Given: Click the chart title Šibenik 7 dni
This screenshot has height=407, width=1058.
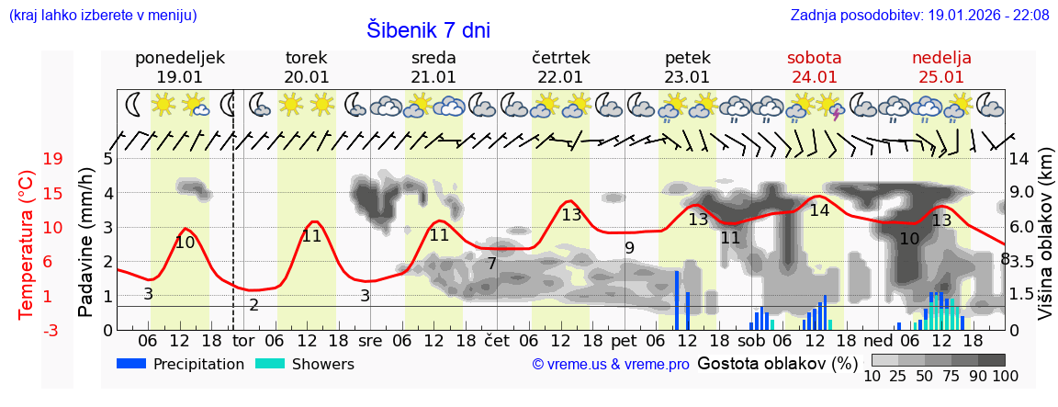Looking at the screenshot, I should (429, 29).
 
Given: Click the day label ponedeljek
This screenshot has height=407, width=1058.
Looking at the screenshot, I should (180, 58).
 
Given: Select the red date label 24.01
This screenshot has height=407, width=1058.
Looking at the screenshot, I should (815, 77).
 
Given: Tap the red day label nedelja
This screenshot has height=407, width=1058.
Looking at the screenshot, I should (941, 58).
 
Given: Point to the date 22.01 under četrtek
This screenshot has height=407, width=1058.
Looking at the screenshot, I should (560, 77).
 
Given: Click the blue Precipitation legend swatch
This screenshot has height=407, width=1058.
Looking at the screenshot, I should (131, 364).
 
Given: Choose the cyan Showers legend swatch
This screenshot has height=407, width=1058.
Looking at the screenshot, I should (270, 364).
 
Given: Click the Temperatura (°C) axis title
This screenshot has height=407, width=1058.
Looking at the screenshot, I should (28, 244).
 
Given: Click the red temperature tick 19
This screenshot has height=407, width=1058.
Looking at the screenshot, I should (52, 159).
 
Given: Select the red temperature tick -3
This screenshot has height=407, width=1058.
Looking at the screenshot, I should (52, 330).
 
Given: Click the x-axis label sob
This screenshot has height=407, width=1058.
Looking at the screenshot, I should (750, 340).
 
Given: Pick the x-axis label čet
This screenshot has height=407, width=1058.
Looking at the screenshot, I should (496, 340).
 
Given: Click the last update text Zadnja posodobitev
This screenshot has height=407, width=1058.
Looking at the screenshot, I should (919, 16).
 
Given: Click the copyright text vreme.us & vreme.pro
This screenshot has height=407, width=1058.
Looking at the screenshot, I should (611, 364).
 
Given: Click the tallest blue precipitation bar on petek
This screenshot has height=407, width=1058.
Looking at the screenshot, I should (677, 300).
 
